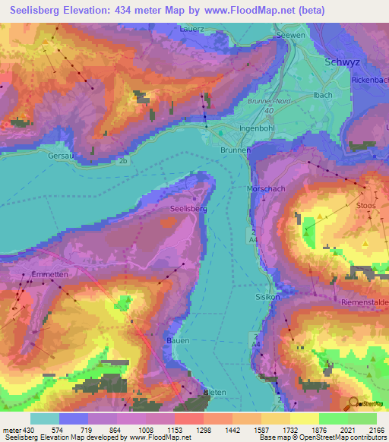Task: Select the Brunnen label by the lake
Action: [x=236, y=150]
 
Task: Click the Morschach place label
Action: [x=265, y=188]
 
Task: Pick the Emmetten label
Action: [x=51, y=275]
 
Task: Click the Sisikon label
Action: [x=267, y=297]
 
